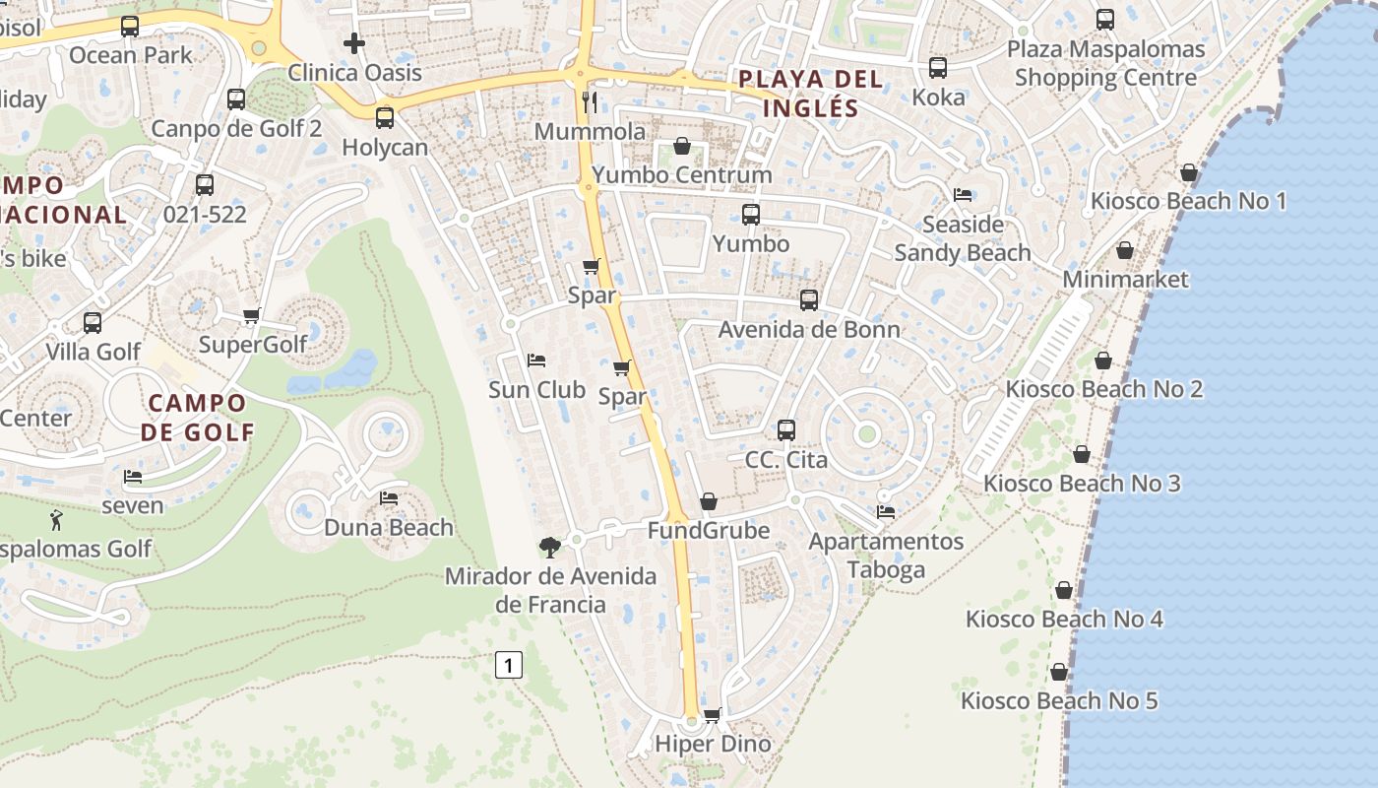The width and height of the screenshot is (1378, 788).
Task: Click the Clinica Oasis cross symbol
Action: [x=354, y=43]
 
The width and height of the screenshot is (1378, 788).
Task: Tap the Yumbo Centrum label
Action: [x=681, y=175]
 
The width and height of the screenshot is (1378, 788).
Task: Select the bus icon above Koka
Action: [x=937, y=68]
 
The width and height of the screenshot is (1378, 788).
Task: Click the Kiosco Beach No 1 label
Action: [x=1188, y=202]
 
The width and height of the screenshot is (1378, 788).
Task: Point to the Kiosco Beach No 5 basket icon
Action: [x=1059, y=672]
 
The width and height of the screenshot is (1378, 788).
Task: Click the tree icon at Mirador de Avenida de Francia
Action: [x=549, y=547]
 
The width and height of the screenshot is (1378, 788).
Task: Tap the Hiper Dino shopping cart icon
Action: [x=712, y=715]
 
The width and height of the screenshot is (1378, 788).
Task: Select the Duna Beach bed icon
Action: [x=389, y=498]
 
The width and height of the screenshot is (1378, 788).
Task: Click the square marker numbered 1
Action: [x=508, y=666]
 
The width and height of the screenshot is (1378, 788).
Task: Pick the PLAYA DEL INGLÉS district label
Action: [x=811, y=94]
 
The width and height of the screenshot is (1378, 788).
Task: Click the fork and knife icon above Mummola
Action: [x=590, y=101]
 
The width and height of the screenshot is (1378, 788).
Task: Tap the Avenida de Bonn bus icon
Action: [x=809, y=300]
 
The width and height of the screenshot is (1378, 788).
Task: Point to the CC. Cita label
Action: [x=785, y=460]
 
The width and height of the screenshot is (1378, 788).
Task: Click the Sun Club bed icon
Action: [x=536, y=361]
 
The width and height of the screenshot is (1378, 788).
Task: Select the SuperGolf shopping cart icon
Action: [x=251, y=315]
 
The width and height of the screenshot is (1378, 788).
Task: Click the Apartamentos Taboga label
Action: [x=886, y=556]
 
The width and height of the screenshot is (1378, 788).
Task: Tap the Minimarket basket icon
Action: [x=1125, y=250]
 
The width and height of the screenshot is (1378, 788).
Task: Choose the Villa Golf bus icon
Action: [x=93, y=322]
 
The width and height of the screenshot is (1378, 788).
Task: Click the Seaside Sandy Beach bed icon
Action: [x=963, y=195]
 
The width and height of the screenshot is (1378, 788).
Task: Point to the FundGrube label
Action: [x=708, y=531]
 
